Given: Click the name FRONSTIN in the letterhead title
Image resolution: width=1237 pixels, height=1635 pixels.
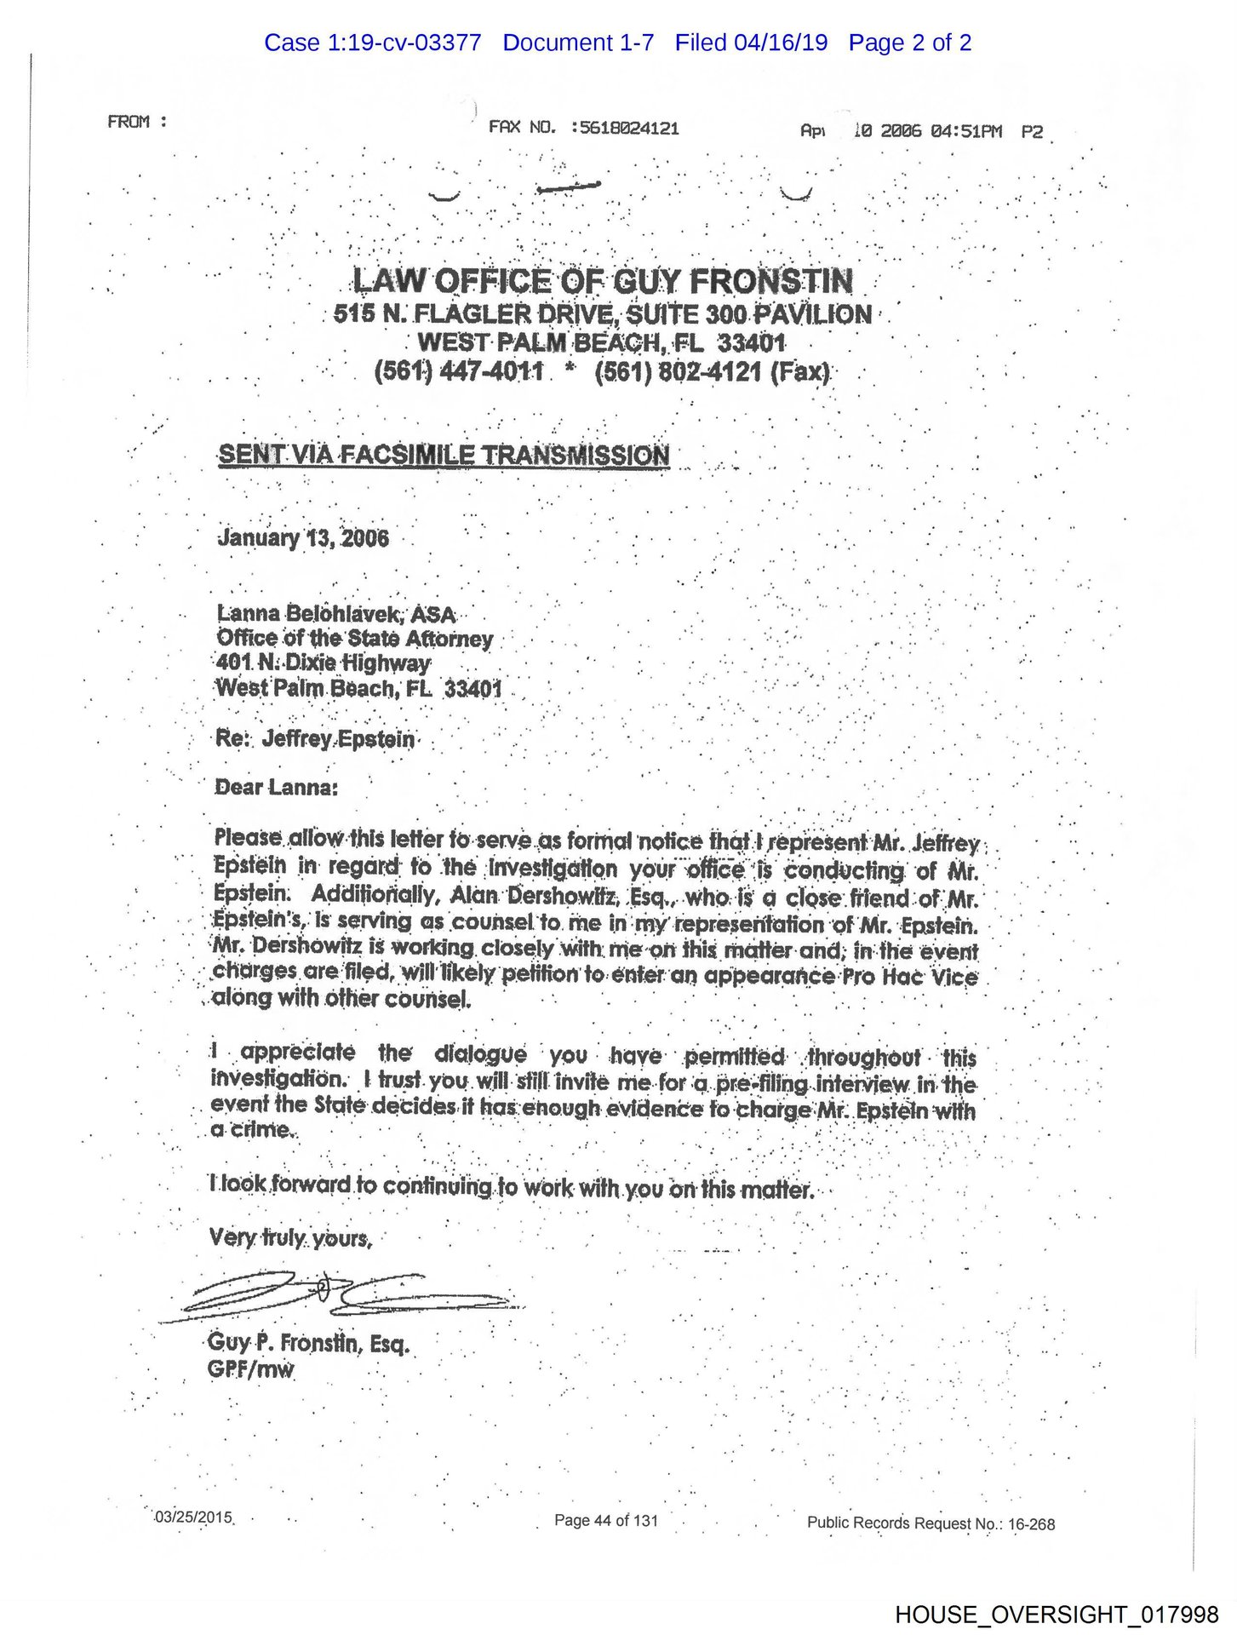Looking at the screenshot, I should [x=771, y=280].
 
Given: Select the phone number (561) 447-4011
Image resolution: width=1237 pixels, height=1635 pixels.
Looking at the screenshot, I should [x=458, y=372].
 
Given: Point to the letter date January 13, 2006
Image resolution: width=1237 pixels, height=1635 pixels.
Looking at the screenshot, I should [x=303, y=537].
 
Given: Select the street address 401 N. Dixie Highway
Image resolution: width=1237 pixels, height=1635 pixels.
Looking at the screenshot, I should [x=324, y=663].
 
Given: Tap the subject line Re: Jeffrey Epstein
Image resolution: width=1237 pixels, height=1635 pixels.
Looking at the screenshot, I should [x=315, y=738].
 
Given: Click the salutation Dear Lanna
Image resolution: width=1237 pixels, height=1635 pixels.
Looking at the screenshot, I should [x=276, y=787].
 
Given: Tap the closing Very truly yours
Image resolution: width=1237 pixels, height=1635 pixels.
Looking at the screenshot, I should [x=290, y=1237].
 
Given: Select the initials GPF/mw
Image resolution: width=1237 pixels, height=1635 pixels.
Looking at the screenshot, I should [x=250, y=1369].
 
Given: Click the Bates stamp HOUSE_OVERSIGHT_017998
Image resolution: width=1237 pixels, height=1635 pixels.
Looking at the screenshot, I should [x=1056, y=1614].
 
